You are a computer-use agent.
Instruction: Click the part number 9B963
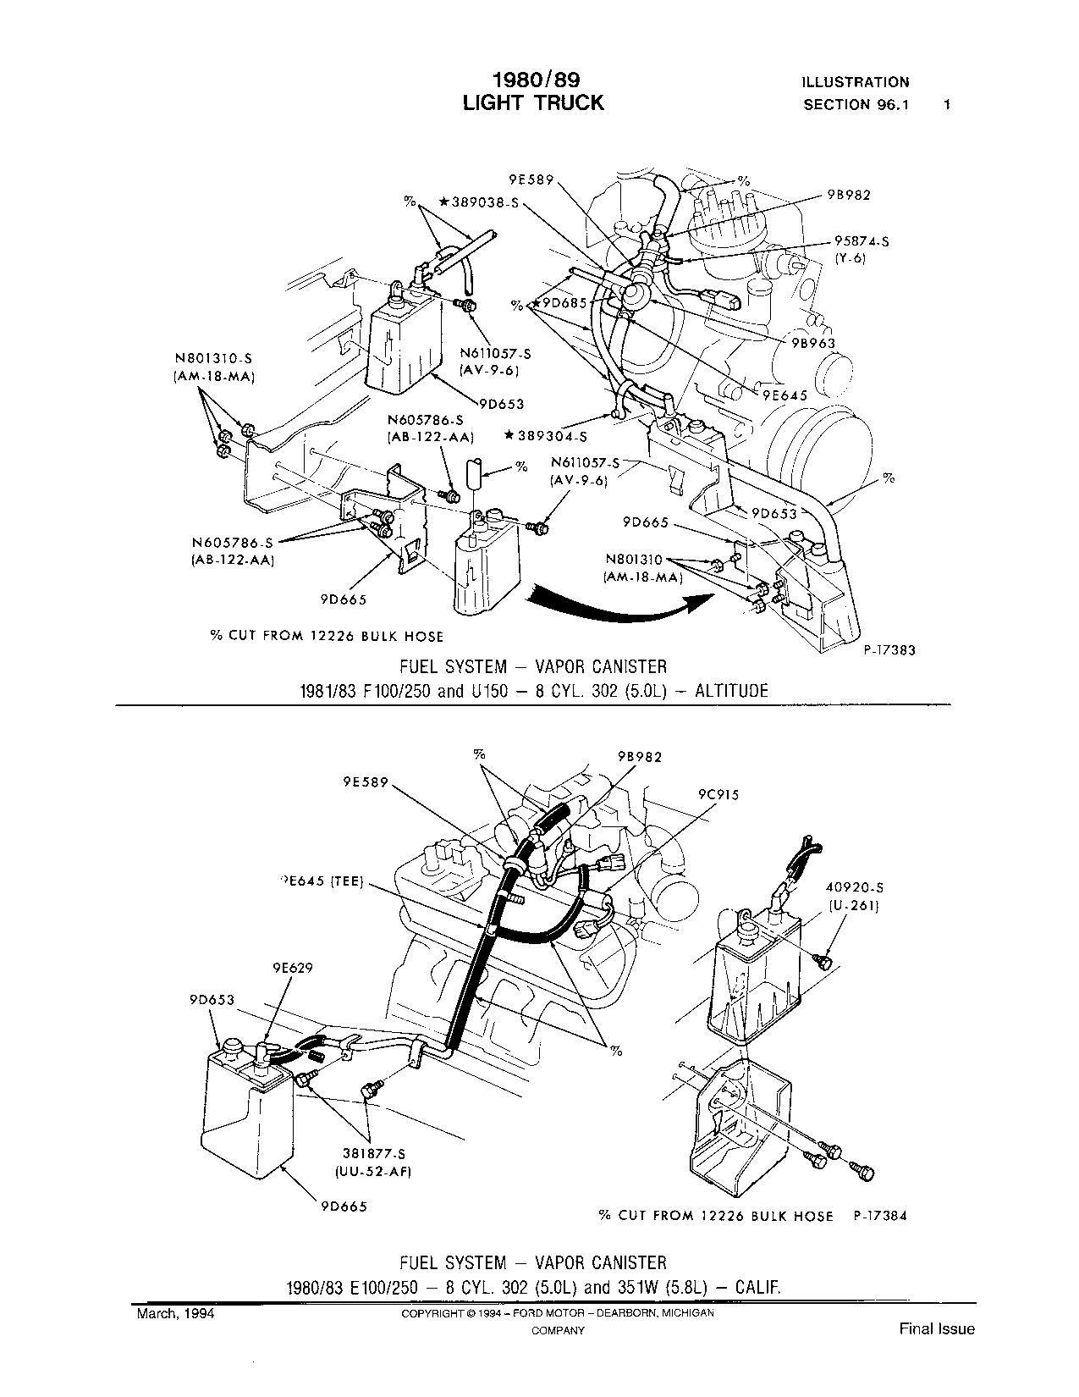[x=813, y=343]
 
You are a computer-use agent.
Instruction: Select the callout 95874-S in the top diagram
[x=862, y=241]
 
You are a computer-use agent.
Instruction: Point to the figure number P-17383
[x=889, y=650]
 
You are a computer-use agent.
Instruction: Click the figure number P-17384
[x=880, y=1216]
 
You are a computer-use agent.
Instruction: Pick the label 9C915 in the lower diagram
[x=718, y=795]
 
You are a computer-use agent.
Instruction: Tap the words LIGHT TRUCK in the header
[x=533, y=102]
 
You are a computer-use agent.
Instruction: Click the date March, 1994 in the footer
[x=175, y=1313]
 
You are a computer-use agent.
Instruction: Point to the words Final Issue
[x=937, y=1329]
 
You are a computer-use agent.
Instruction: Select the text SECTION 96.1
[x=856, y=105]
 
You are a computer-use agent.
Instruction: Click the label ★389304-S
[x=546, y=437]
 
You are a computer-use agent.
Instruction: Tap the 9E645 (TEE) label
[x=322, y=882]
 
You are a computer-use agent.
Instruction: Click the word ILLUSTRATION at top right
[x=856, y=82]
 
